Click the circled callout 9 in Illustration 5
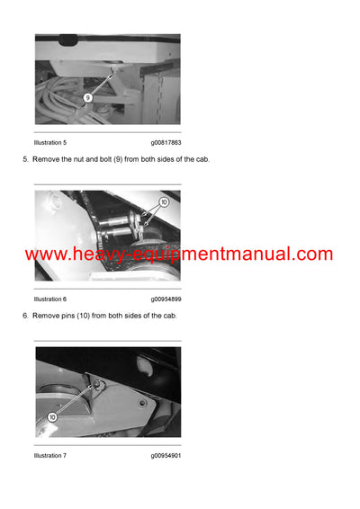click(x=87, y=97)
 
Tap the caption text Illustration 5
click(x=50, y=142)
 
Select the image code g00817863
click(x=166, y=142)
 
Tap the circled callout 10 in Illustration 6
click(x=163, y=202)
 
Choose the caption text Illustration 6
click(x=50, y=299)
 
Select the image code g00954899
click(x=166, y=299)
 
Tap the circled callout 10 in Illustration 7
click(x=52, y=417)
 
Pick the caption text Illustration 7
click(x=50, y=455)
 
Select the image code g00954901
click(x=166, y=455)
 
